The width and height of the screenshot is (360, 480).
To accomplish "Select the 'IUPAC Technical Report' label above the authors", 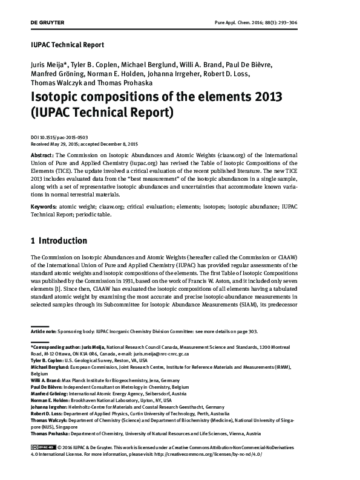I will point(67,45).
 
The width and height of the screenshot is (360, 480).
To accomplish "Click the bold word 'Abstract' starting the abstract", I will point(43,155).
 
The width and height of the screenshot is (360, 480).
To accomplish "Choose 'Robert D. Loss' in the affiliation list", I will point(47,414).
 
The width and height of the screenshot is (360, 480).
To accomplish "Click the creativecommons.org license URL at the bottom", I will point(214,453).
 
